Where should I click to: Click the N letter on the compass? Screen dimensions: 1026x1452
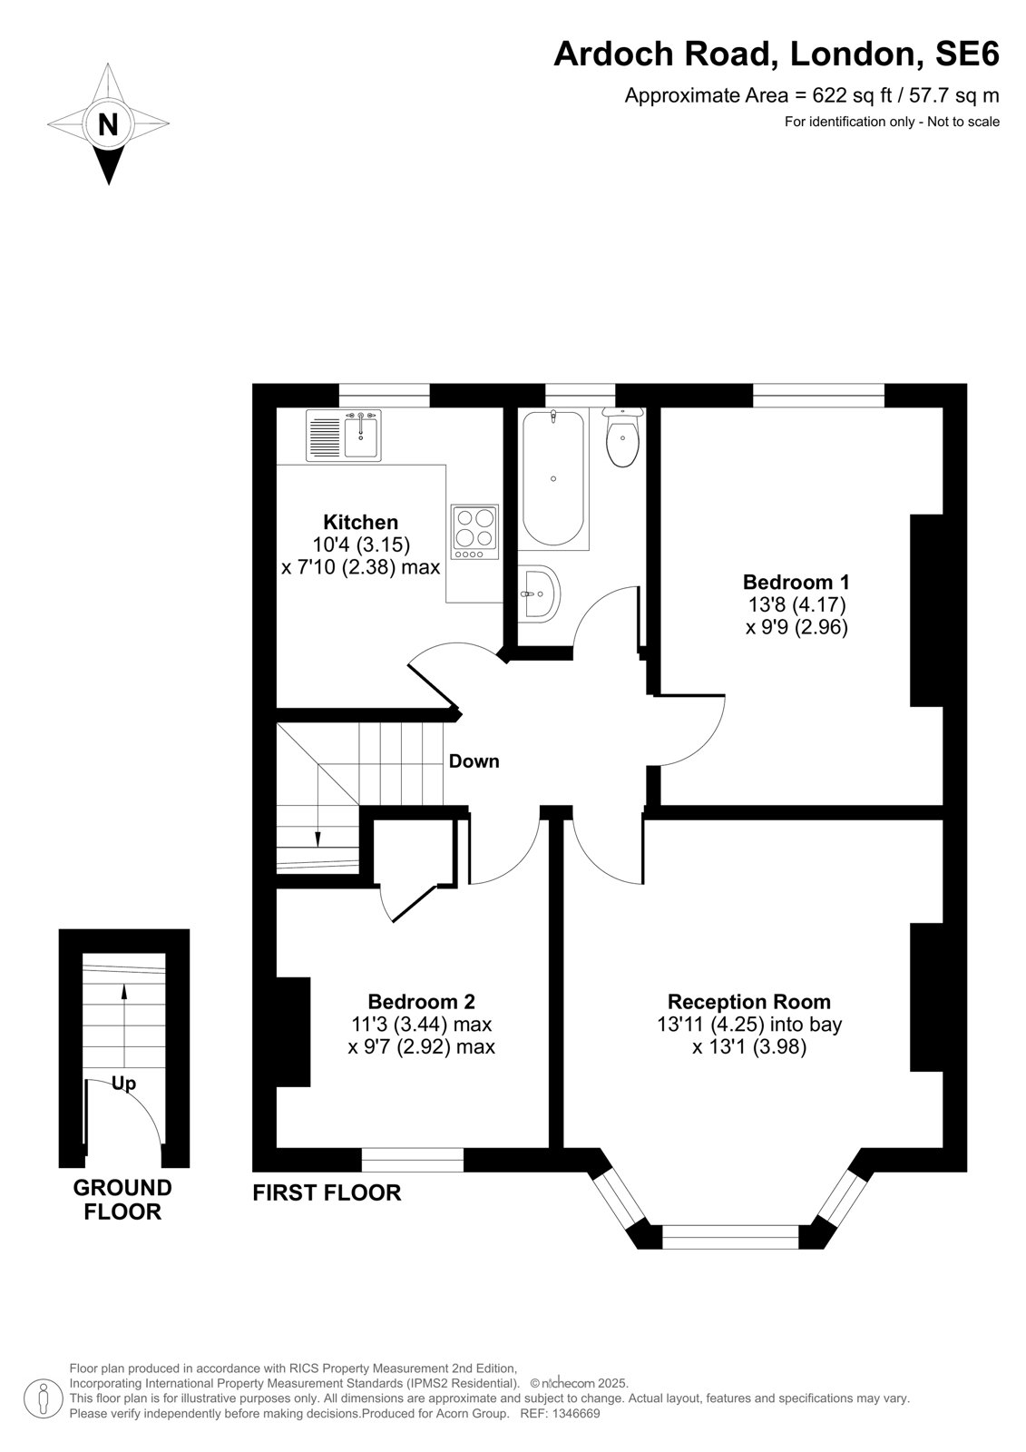point(108,123)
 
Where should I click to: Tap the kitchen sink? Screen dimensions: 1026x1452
point(344,435)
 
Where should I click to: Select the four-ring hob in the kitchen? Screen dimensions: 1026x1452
point(475,532)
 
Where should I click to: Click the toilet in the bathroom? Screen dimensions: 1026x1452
point(622,437)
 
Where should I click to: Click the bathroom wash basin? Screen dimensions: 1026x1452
point(539,594)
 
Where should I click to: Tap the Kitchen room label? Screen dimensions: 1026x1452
point(360,522)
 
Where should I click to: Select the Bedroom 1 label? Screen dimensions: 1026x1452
point(796,581)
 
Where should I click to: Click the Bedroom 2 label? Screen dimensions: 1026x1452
point(421,1002)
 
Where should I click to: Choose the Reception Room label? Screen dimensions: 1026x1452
point(748,1002)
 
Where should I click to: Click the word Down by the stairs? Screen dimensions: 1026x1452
point(474,761)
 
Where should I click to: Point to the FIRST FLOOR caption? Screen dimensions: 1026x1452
point(327,1192)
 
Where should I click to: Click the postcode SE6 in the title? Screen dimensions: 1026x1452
point(967,54)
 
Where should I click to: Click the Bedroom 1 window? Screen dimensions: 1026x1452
point(818,396)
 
